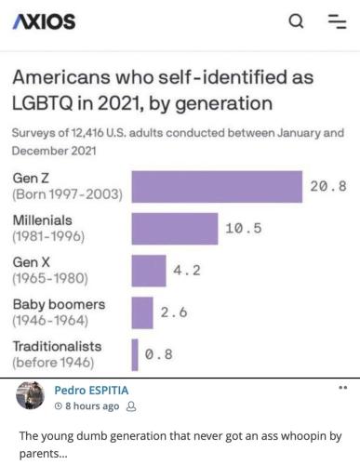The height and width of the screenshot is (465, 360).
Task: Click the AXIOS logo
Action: (x=44, y=20)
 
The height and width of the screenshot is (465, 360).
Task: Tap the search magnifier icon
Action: (x=296, y=20)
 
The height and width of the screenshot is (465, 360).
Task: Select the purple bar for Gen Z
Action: (x=217, y=187)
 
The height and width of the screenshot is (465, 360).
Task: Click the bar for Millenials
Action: (x=174, y=229)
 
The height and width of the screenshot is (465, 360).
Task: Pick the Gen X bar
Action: (x=149, y=271)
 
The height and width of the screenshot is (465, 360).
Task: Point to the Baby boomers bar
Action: (x=142, y=312)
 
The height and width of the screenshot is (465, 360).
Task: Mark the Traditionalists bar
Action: (x=135, y=354)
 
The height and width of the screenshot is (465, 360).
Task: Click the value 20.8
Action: (x=327, y=187)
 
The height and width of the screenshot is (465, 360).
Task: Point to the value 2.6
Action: (x=174, y=312)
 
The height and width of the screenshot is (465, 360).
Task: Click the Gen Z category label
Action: (x=32, y=178)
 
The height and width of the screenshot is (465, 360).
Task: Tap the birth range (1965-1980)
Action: (x=49, y=279)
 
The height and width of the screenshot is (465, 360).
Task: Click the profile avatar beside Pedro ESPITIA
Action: (x=31, y=396)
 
